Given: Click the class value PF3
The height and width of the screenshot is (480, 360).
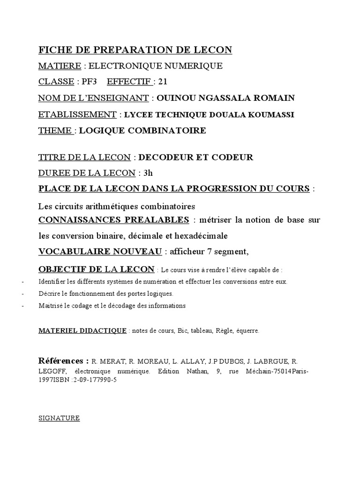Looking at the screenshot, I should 89,82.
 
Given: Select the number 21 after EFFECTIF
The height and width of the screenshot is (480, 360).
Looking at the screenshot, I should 163,82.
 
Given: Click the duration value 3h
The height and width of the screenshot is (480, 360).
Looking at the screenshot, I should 148,173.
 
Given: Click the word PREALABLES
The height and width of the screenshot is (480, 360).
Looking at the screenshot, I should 159,220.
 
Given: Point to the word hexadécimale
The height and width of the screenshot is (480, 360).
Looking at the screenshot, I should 204,235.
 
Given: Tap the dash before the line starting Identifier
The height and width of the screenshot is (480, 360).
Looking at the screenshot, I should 23,282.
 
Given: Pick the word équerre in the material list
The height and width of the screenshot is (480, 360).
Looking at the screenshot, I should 247,331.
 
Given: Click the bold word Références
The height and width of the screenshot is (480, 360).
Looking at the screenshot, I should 63,360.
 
